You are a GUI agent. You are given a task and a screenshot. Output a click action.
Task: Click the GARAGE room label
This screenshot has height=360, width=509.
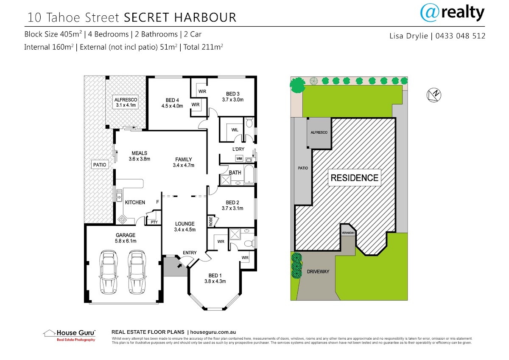[126, 235]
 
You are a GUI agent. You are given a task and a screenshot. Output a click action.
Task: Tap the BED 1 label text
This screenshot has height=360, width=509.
[215, 276]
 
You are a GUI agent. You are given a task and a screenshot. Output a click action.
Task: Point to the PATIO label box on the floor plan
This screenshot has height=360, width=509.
[100, 165]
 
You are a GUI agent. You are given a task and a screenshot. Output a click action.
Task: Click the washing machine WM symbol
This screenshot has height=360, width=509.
[239, 158]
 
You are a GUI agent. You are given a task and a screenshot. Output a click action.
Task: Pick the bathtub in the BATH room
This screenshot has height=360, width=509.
[249, 174]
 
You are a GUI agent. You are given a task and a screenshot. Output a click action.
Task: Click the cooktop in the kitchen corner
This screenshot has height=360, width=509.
[122, 219]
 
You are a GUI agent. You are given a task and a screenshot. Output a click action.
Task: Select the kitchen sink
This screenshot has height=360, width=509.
[119, 196]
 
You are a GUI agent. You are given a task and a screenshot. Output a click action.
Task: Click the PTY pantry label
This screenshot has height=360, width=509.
[154, 222]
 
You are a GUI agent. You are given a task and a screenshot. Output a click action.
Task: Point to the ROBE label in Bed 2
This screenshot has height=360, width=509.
[211, 221]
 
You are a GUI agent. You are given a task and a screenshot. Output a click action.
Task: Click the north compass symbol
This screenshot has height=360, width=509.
[434, 95]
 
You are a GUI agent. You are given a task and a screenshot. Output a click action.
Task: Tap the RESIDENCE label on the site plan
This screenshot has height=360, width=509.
[355, 178]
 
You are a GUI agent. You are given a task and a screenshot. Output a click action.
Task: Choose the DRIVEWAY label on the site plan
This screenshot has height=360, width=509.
[318, 272]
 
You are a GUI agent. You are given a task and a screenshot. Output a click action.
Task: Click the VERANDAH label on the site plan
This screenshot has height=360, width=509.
[348, 233]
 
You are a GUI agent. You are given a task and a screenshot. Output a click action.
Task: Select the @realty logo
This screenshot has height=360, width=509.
[452, 13]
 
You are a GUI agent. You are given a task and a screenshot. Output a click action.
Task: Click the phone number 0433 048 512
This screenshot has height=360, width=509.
[460, 36]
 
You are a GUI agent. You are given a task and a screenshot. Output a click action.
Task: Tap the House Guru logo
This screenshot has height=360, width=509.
[69, 335]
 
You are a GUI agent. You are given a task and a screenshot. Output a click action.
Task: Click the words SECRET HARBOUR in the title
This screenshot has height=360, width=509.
[180, 17]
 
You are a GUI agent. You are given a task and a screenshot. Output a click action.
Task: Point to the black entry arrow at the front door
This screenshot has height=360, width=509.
[180, 265]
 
